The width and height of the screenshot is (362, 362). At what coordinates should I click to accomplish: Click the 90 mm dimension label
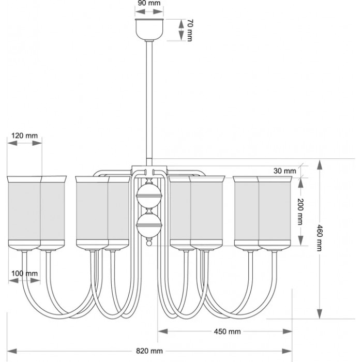point(149,4)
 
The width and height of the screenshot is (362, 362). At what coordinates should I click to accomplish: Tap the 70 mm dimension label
point(190,29)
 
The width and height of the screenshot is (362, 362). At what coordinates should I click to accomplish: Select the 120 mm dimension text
point(24,135)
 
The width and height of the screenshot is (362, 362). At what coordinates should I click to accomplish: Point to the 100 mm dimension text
point(24,273)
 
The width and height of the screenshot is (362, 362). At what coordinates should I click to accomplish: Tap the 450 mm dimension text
point(226,331)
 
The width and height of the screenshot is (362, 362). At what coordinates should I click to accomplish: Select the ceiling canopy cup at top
point(149,29)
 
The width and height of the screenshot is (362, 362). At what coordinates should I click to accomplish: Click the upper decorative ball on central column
point(148,197)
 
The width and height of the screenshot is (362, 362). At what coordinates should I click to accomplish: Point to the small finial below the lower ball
point(148,242)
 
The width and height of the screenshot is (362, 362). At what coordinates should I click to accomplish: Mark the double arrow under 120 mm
point(24,145)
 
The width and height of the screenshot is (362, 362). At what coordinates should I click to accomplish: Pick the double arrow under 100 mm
point(24,282)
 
